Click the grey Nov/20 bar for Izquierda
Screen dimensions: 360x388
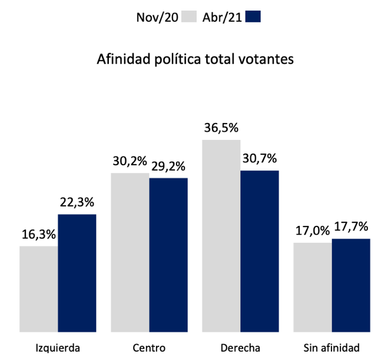coord(39,289)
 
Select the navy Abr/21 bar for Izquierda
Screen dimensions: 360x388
coord(77,273)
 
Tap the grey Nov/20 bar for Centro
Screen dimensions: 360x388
coord(130,252)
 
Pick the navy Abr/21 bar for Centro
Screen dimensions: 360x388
coord(168,255)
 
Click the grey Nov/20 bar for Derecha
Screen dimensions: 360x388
coord(221,235)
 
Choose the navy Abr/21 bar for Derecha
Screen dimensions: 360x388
coord(260,251)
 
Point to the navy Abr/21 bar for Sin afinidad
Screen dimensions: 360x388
coord(351,285)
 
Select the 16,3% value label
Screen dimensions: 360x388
coord(39,235)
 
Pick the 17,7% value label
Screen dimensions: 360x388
coord(351,227)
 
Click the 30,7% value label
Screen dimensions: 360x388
coord(260,159)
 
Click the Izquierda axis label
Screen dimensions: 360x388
coord(58,346)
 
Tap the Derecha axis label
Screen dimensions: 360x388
coord(240,346)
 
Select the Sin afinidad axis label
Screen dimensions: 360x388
coord(331,346)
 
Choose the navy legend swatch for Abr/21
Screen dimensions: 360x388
coord(254,16)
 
